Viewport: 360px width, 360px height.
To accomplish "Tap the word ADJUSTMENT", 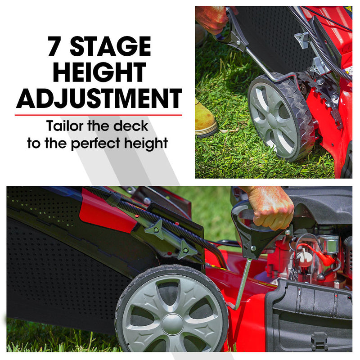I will tap(99, 98).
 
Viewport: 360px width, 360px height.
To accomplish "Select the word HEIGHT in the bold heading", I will tap(99, 72).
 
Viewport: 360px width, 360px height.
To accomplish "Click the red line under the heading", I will tap(99, 115).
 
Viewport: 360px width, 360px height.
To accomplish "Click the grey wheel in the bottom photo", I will tap(171, 310).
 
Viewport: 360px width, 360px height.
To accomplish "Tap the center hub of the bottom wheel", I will tap(172, 323).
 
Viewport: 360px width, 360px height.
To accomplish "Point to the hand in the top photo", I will tap(211, 18).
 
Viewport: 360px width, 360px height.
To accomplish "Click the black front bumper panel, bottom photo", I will tap(310, 315).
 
